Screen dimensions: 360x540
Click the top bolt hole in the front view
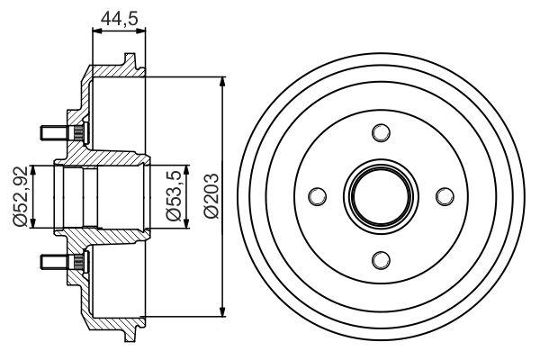pyautogui.click(x=381, y=133)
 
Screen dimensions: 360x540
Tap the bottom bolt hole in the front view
pyautogui.click(x=381, y=259)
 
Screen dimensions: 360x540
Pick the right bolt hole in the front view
pyautogui.click(x=444, y=196)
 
